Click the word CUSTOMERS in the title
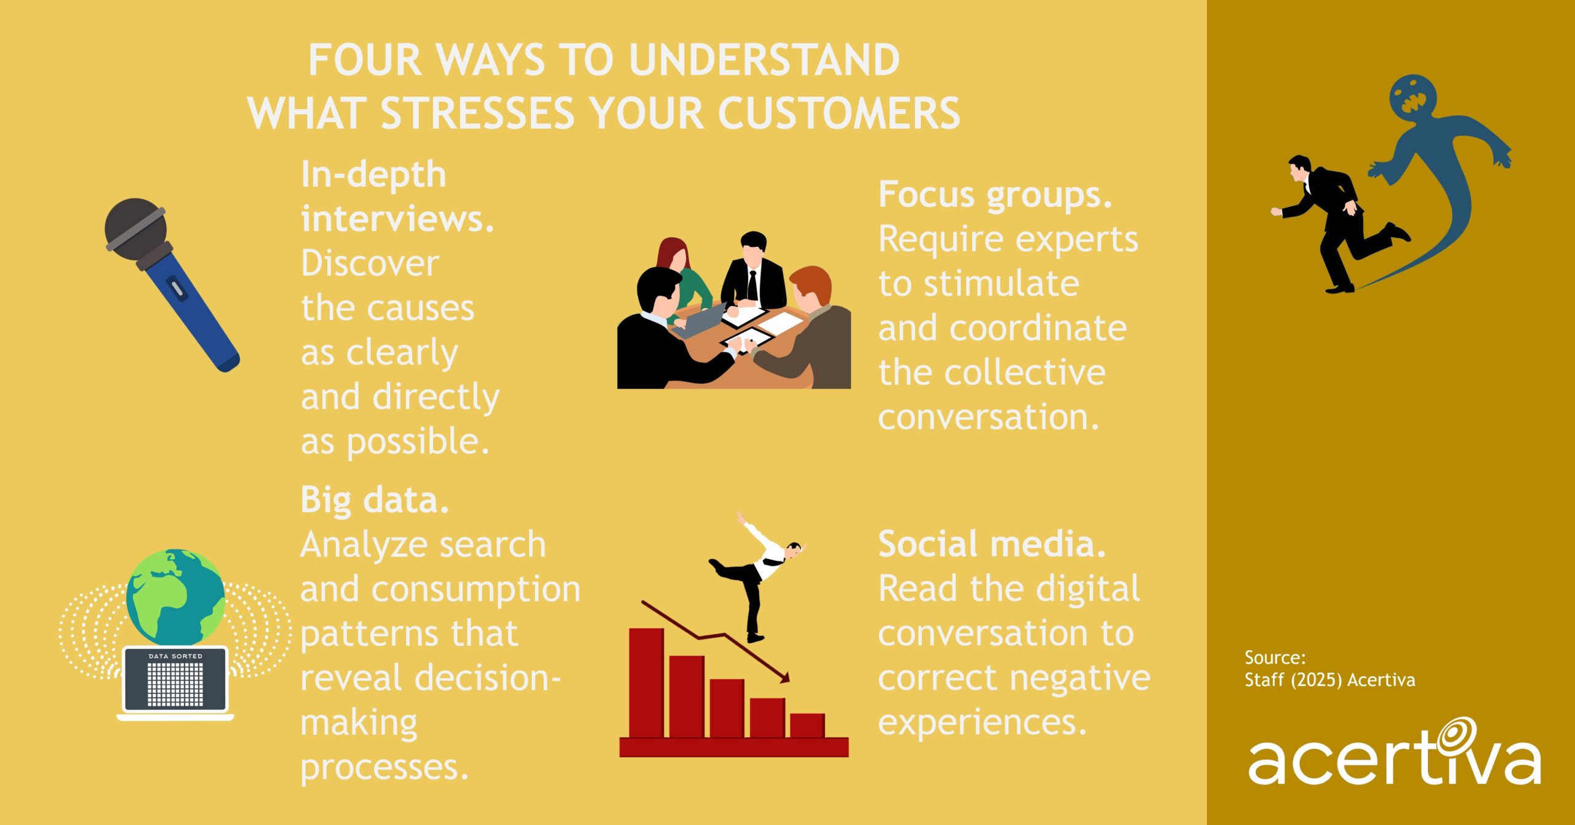[838, 114]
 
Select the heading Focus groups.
[995, 195]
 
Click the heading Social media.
[991, 544]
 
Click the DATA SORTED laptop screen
[175, 680]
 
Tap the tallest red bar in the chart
[646, 682]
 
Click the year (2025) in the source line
[1316, 680]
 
